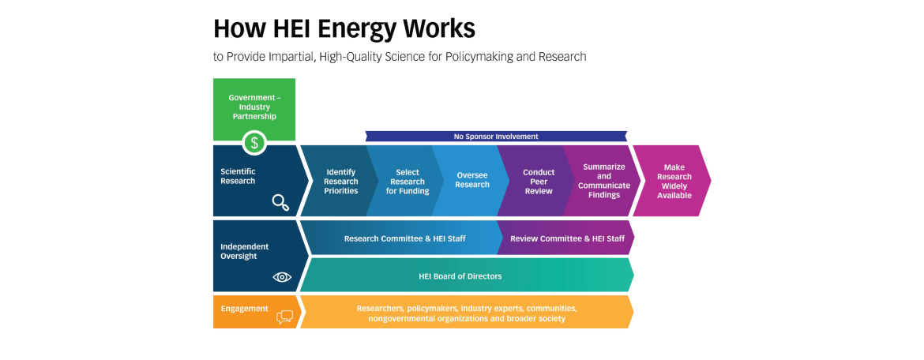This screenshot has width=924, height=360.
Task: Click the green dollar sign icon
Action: pos(254,143)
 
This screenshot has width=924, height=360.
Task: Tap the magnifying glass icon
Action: pos(281,203)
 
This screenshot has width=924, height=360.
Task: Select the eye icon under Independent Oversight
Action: pos(282,277)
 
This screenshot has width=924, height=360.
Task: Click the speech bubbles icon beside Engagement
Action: pos(284,317)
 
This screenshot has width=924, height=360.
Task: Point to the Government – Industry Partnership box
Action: pos(254,110)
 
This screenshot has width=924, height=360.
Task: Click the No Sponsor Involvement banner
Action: pos(496,136)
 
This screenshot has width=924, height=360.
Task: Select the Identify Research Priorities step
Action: pos(338,181)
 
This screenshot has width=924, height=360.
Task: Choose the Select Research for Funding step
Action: pos(404,181)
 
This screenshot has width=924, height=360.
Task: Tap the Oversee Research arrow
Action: pos(470,181)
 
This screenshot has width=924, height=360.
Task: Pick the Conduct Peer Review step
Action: pos(536,181)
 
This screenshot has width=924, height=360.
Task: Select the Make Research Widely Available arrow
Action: pos(672,181)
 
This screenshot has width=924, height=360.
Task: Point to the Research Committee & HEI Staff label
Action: pos(405,238)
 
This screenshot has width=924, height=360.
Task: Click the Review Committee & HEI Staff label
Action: pos(568,238)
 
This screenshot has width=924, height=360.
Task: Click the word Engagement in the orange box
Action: pos(245,309)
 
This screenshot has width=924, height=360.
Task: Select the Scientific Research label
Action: pos(238,176)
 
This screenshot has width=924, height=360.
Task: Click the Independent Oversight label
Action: pos(245,252)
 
